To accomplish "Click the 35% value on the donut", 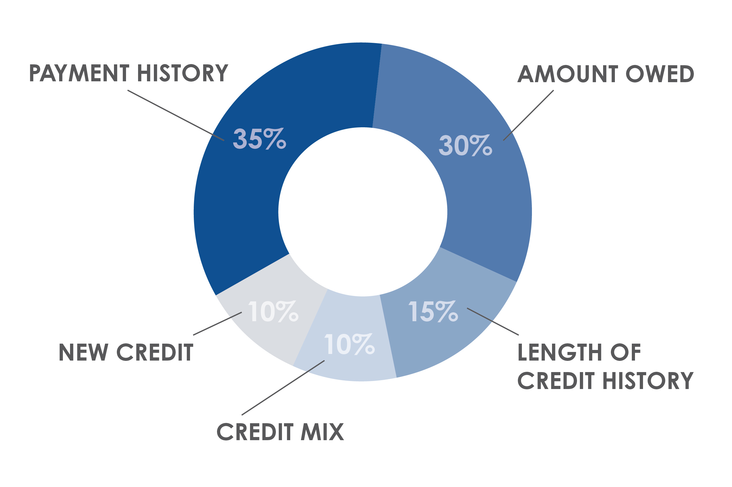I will pyautogui.click(x=259, y=139).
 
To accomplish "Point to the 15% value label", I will pyautogui.click(x=433, y=311).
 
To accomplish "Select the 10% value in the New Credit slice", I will pyautogui.click(x=273, y=311).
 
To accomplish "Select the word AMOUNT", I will pyautogui.click(x=568, y=74).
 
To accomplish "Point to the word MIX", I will pyautogui.click(x=322, y=432).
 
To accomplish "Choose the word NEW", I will pyautogui.click(x=84, y=353).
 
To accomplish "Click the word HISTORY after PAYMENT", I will pyautogui.click(x=183, y=73).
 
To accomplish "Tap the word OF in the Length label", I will pyautogui.click(x=626, y=353).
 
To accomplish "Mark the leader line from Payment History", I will pyautogui.click(x=176, y=115).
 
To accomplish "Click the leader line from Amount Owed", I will pyautogui.click(x=528, y=115).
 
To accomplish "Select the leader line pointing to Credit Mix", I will pyautogui.click(x=283, y=388).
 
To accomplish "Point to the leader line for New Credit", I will pyautogui.click(x=217, y=324).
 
